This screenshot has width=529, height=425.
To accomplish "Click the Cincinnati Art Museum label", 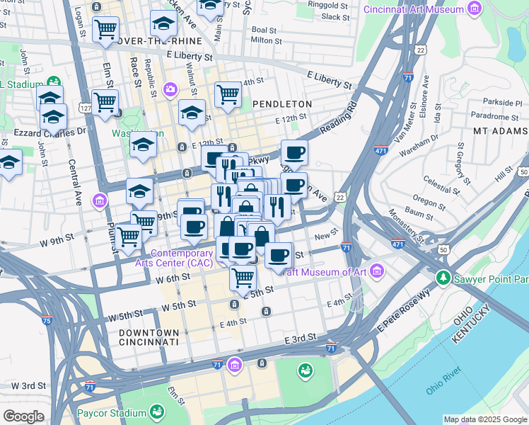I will click(413, 9).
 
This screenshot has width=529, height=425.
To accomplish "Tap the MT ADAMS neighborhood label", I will click(500, 131).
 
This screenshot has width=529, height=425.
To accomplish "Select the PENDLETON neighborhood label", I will click(282, 104).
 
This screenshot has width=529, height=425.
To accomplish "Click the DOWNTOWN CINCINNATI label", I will click(149, 337).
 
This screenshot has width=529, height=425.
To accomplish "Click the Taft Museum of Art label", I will click(326, 272).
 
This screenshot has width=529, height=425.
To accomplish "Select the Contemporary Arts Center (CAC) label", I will click(182, 259).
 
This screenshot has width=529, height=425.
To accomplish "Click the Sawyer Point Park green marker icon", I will click(443, 277).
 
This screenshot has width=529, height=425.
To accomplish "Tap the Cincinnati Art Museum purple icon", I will click(474, 10).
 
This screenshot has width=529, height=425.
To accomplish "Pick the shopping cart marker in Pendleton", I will click(228, 93).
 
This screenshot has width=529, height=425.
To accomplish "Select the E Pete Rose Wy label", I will click(404, 312).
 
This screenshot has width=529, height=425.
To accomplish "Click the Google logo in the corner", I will click(23, 416).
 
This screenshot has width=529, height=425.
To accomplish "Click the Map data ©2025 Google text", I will click(485, 419).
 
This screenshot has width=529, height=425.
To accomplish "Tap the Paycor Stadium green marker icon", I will click(157, 412).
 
